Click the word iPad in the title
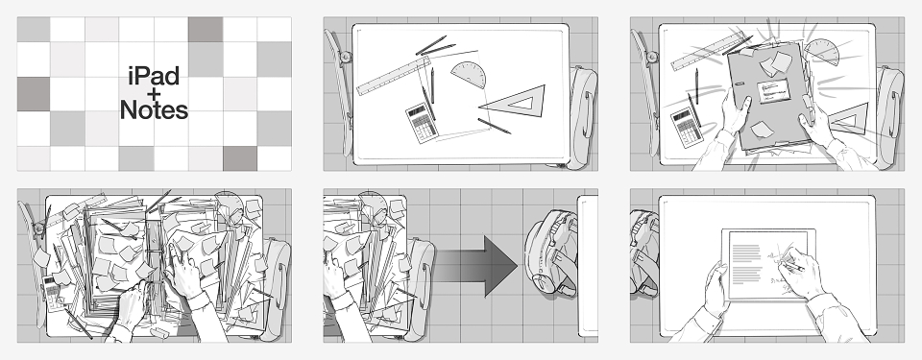pyautogui.click(x=154, y=77)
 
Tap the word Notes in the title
pyautogui.click(x=154, y=110)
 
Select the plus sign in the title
pyautogui.click(x=154, y=93)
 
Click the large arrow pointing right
pyautogui.click(x=475, y=266)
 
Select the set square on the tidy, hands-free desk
pyautogui.click(x=515, y=101)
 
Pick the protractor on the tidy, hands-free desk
pyautogui.click(x=470, y=75)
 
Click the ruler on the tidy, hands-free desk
pyautogui.click(x=393, y=76)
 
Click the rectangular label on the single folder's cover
pyautogui.click(x=773, y=91)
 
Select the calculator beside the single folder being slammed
pyautogui.click(x=686, y=127)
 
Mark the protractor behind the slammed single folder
pyautogui.click(x=822, y=52)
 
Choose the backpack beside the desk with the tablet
pyautogui.click(x=643, y=252)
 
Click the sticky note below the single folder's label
pyautogui.click(x=762, y=129)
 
